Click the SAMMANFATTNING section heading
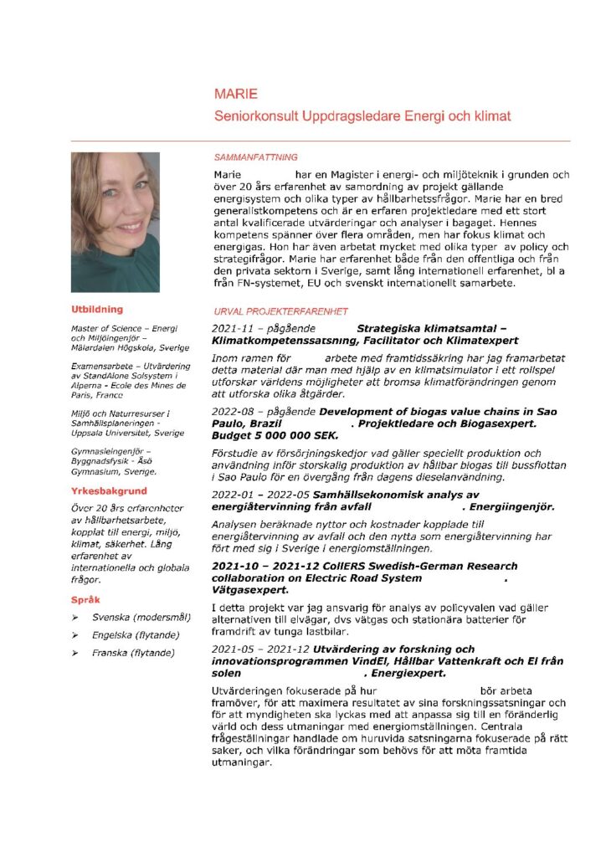256,157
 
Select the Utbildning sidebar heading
97,310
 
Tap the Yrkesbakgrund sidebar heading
109,490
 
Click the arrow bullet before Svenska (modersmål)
76,618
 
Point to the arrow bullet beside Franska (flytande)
76,653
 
